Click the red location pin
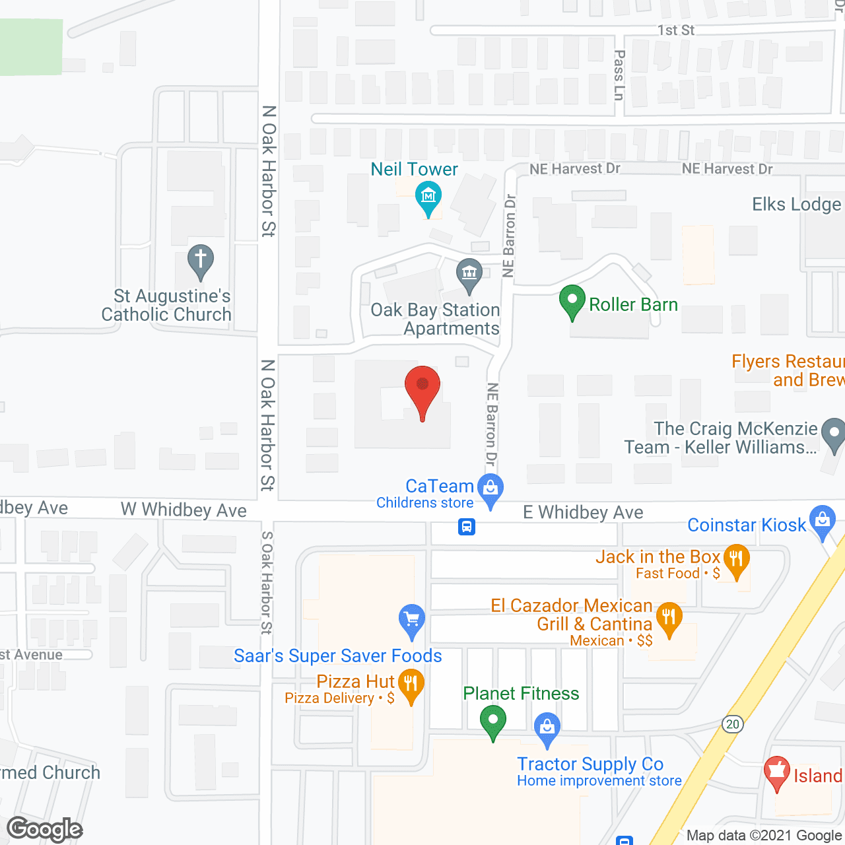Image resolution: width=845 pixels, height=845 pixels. [422, 386]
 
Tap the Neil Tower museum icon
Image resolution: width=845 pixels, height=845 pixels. [428, 196]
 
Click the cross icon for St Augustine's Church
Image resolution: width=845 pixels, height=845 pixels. [201, 259]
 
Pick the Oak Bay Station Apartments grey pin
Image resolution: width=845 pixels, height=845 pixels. [469, 273]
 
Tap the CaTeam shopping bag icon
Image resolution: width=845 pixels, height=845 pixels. [490, 489]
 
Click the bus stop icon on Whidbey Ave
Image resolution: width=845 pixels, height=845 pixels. [467, 527]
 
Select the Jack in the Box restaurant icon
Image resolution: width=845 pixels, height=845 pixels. [736, 559]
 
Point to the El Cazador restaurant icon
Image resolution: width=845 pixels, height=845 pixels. [669, 618]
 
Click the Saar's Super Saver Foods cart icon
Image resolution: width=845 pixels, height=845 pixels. [412, 619]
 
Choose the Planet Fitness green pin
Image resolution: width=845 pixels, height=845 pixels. [492, 720]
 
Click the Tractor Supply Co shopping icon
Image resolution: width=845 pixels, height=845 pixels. [547, 727]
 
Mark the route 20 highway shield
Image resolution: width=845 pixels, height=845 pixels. [732, 724]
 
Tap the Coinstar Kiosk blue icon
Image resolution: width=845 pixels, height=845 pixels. [823, 520]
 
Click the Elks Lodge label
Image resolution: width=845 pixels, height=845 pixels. [797, 205]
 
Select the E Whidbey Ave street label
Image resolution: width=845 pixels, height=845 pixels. [583, 512]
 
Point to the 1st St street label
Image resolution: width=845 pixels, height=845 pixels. [676, 30]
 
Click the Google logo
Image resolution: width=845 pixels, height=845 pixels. [45, 829]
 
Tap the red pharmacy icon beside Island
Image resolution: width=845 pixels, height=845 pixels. [777, 771]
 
